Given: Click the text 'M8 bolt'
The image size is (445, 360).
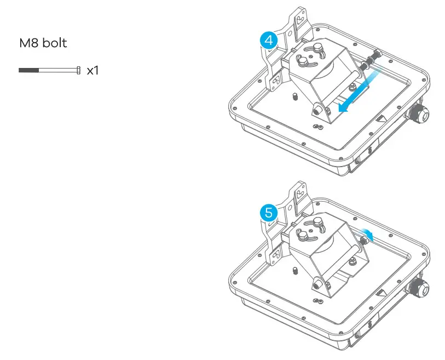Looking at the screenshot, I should click(x=43, y=43).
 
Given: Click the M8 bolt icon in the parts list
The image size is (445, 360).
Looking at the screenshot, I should click(x=50, y=70).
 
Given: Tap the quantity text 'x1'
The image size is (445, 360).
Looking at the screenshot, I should click(x=93, y=70).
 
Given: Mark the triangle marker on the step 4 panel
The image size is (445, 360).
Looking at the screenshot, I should click(x=380, y=118).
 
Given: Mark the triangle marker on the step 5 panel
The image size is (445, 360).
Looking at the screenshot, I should click(x=380, y=289).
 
